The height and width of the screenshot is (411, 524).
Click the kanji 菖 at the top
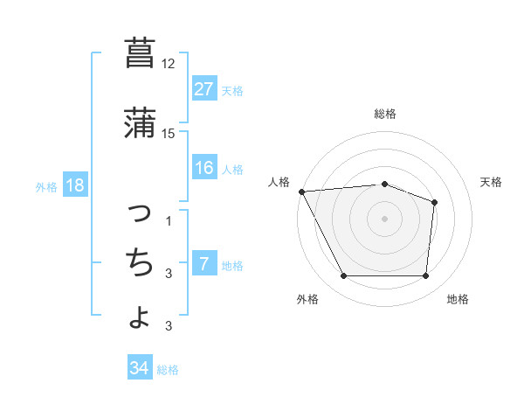140,53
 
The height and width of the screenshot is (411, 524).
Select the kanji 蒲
140,123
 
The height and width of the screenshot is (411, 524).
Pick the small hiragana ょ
141,316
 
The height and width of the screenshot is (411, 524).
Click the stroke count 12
169,64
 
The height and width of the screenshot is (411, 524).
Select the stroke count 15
169,134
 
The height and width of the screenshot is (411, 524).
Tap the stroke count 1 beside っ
169,220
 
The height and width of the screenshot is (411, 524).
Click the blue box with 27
203,89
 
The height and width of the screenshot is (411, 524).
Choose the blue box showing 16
203,168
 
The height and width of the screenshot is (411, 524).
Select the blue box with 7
203,264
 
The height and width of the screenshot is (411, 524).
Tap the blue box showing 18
74,185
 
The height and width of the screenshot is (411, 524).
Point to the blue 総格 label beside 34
168,370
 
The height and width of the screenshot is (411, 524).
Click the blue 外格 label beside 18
46,186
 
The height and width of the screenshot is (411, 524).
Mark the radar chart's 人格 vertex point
301,192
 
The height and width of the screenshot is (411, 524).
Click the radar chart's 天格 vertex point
434,203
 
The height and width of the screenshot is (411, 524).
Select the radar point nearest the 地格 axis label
426,276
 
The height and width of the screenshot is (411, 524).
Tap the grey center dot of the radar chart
384,218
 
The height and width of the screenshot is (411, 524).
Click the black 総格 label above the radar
384,114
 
